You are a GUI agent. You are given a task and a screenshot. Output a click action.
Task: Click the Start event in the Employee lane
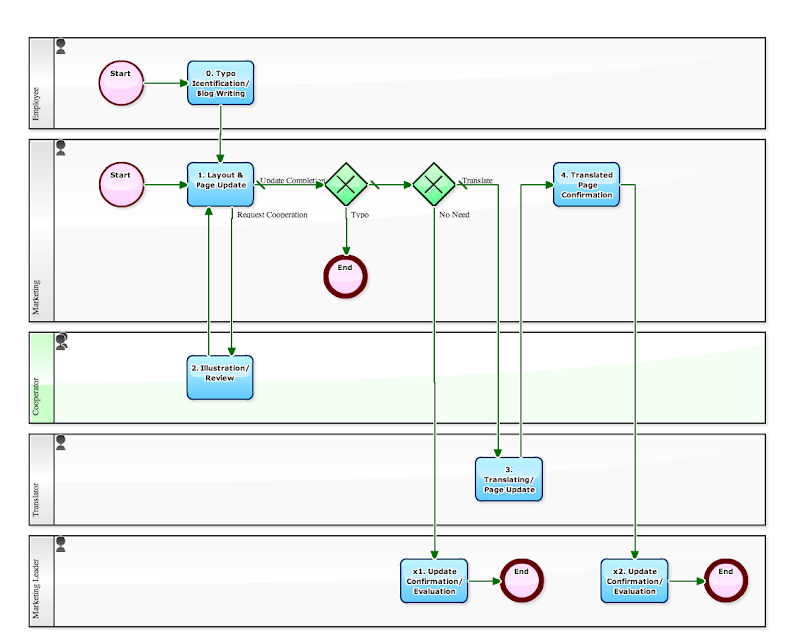click(x=121, y=83)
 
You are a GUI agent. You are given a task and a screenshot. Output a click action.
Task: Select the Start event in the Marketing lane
click(x=121, y=185)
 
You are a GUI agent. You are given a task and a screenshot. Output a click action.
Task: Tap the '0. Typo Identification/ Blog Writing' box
click(x=220, y=83)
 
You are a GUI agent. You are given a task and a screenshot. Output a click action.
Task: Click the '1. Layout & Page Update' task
click(x=220, y=185)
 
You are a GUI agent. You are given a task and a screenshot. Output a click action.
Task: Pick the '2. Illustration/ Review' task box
click(x=220, y=377)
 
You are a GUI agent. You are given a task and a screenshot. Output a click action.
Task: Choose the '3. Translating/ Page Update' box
click(x=509, y=479)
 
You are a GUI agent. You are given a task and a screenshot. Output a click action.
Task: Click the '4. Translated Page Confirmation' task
click(x=587, y=185)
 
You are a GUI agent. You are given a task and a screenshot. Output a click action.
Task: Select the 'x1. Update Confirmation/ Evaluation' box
click(x=434, y=581)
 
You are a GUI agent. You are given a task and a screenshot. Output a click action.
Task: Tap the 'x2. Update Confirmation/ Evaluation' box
click(x=635, y=581)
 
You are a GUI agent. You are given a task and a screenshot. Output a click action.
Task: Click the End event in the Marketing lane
click(x=346, y=276)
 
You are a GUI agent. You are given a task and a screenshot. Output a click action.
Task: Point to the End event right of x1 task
click(x=521, y=580)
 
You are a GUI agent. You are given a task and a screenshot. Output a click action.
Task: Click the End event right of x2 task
click(x=726, y=580)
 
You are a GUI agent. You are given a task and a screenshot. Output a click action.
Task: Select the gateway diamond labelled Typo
click(x=346, y=184)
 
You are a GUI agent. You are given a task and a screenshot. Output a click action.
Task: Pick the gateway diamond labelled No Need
click(x=434, y=184)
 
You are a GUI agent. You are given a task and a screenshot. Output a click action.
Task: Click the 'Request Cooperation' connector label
click(x=272, y=215)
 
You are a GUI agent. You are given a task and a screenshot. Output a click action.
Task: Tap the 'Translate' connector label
click(x=477, y=181)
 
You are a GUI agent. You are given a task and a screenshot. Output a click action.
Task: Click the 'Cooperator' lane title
click(x=37, y=396)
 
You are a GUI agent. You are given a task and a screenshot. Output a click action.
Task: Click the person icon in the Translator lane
click(x=61, y=441)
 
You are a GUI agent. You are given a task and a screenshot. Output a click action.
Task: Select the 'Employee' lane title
click(x=37, y=104)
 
